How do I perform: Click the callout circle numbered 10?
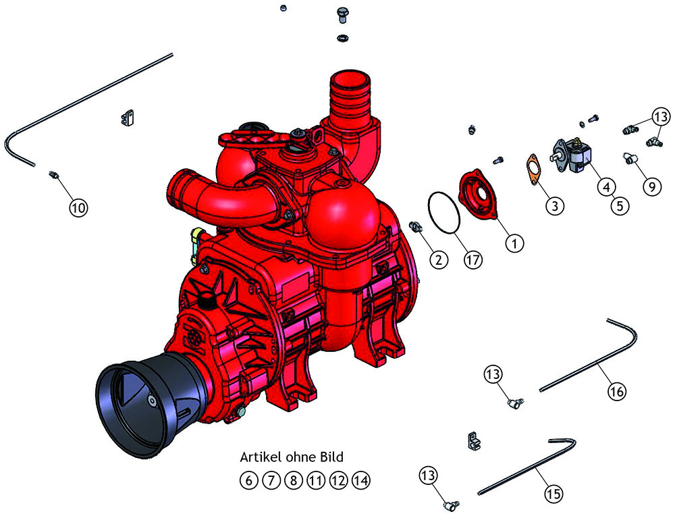78,207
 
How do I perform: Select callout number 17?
473,260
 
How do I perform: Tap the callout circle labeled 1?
514,243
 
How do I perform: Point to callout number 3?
555,205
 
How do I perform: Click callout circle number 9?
652,186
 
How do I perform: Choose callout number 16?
616,391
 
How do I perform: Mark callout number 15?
554,493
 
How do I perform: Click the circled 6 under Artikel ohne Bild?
248,480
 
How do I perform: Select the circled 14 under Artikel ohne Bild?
360,480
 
